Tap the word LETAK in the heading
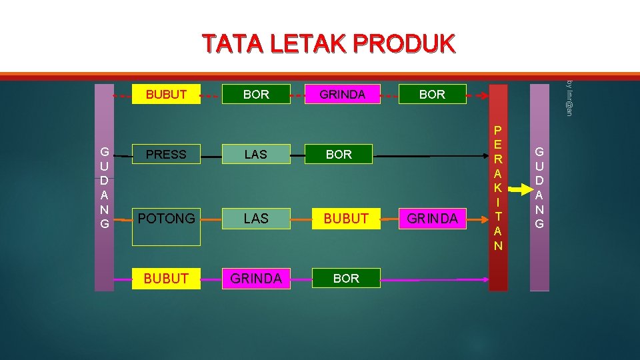pos(307,44)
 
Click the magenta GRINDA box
pos(342,95)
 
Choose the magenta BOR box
pos(346,278)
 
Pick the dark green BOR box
pos(339,155)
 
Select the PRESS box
pos(166,155)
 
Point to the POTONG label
pos(166,218)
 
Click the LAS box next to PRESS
pos(255,155)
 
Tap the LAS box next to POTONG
pos(255,218)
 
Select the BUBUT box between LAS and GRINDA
pos(346,218)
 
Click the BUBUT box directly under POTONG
pos(166,278)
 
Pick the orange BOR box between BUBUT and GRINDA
pos(256,95)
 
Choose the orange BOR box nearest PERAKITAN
pos(432,95)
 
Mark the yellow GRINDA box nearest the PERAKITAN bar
pos(432,218)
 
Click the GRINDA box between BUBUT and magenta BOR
pos(255,278)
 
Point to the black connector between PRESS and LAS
pos(211,157)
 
